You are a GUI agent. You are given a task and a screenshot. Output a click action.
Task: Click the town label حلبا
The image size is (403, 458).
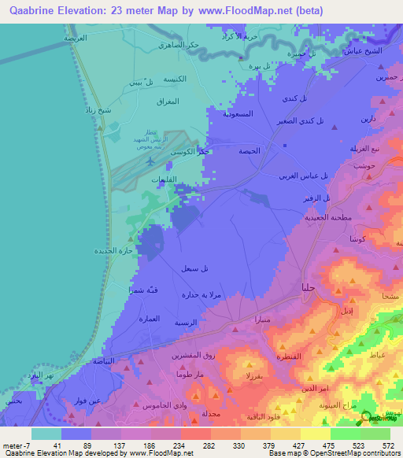pos(309,287)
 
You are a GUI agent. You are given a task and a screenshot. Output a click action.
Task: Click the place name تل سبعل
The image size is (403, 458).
pos(194,268)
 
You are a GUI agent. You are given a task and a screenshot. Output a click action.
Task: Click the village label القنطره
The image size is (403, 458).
pos(291,356)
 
